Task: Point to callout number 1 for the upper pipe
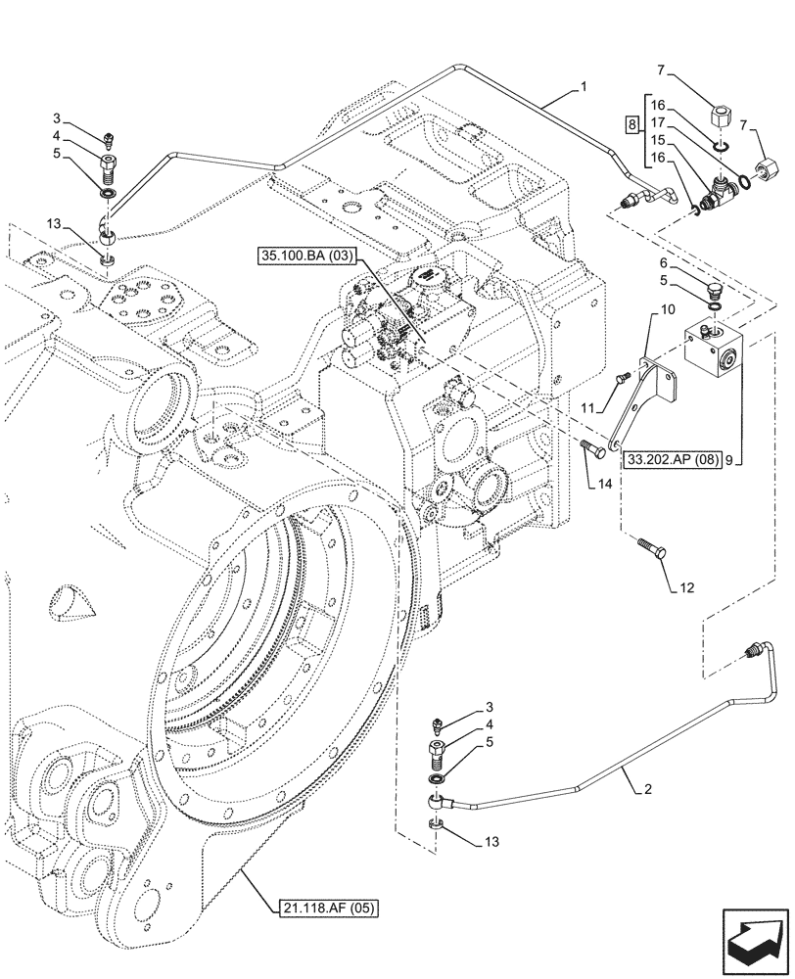tap(584, 87)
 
